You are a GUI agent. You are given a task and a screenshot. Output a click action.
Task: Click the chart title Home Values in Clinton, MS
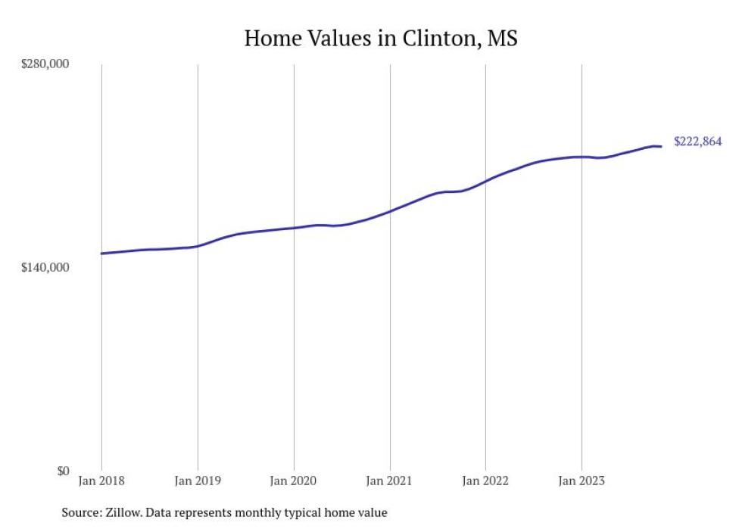(380, 38)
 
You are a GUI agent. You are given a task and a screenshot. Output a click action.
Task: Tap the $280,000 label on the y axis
(45, 64)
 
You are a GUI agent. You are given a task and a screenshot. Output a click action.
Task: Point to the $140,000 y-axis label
(45, 267)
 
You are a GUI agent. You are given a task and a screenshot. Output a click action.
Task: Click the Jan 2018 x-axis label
(101, 481)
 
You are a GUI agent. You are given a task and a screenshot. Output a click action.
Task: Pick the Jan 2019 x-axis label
(198, 481)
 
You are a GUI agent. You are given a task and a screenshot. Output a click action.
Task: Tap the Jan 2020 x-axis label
(294, 481)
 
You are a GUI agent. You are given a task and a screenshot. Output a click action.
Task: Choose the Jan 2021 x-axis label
(390, 481)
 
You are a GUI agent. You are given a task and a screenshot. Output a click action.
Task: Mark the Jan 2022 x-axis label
(485, 481)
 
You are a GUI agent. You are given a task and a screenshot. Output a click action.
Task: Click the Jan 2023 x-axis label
(581, 481)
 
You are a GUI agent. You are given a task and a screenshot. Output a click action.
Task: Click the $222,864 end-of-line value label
(697, 142)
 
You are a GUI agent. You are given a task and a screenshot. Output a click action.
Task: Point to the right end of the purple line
(662, 146)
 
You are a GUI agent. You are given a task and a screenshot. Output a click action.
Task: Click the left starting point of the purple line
(101, 254)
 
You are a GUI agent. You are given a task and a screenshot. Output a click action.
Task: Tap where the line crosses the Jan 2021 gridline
(390, 210)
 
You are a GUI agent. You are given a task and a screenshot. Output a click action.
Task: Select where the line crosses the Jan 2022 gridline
(485, 182)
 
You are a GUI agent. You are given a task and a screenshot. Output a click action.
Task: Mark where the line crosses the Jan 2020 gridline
(294, 228)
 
